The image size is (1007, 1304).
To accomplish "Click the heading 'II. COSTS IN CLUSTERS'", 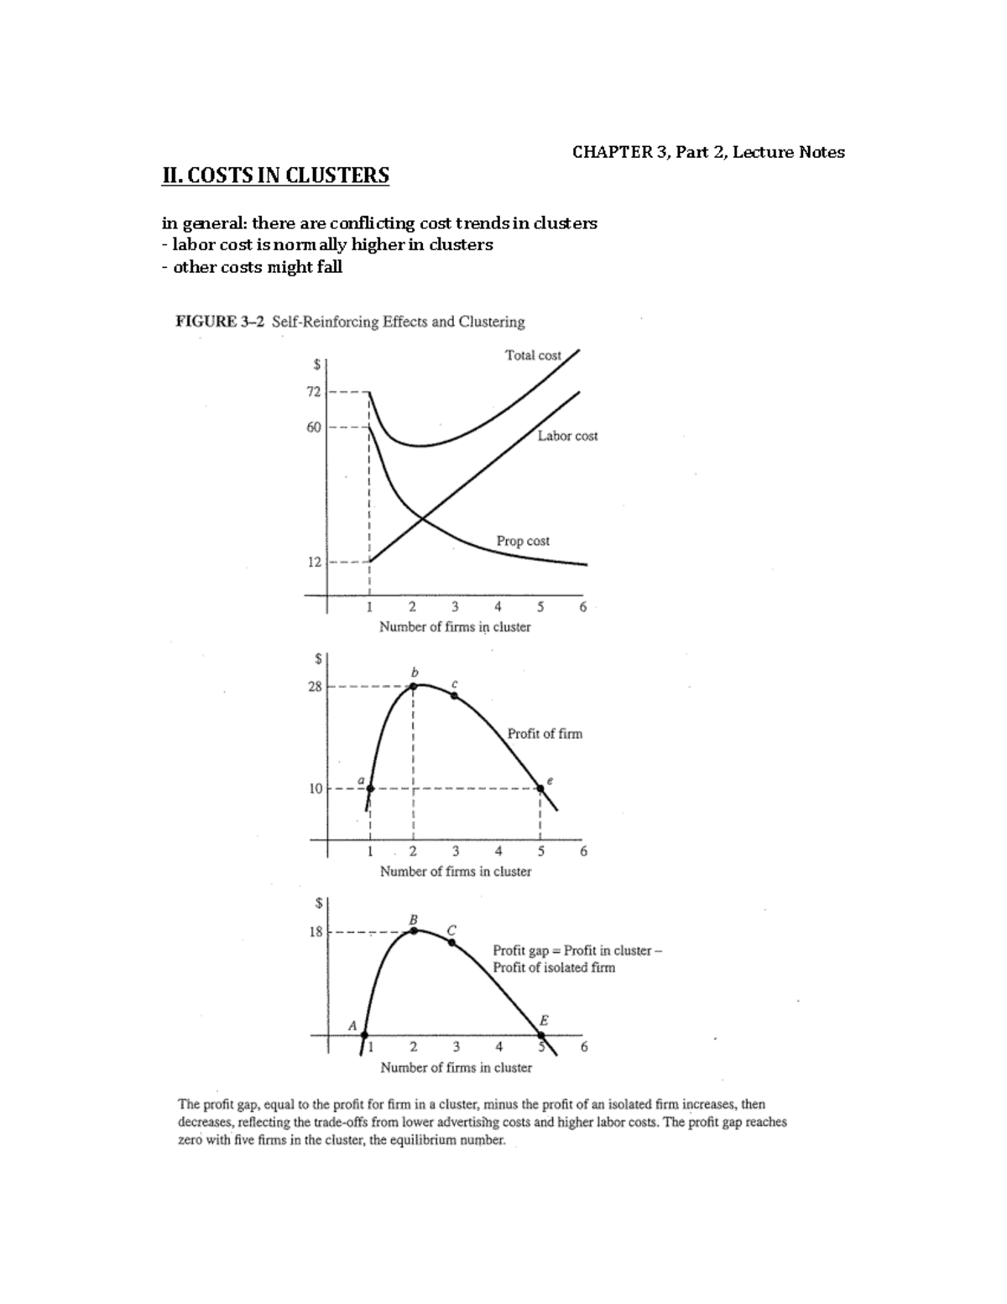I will (275, 175).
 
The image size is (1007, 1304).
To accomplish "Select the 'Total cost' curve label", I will (533, 355).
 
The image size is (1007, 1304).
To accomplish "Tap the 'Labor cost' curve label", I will (567, 436).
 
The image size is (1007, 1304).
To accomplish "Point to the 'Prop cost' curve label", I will (523, 541).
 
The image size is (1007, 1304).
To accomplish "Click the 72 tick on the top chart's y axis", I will (314, 391).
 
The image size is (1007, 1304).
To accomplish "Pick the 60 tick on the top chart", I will (314, 427).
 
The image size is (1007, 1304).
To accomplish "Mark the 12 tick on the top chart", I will (314, 562).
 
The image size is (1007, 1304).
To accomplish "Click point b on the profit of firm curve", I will (413, 686).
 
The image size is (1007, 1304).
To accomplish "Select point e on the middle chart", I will (540, 788).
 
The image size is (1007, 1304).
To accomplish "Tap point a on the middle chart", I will (370, 788).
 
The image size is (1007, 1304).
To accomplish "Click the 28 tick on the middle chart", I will (314, 686).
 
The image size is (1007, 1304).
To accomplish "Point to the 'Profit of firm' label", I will (545, 733).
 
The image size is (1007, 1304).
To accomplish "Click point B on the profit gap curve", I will (414, 930).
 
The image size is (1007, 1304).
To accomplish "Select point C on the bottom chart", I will (452, 943).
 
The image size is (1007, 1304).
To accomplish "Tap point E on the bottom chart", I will (541, 1034).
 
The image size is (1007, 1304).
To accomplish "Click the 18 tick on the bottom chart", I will (316, 931).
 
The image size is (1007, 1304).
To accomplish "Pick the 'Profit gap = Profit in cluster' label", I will (577, 951).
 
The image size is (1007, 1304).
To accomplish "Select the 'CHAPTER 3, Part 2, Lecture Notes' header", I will (708, 152).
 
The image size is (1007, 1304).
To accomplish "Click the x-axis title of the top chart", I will (455, 626).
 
